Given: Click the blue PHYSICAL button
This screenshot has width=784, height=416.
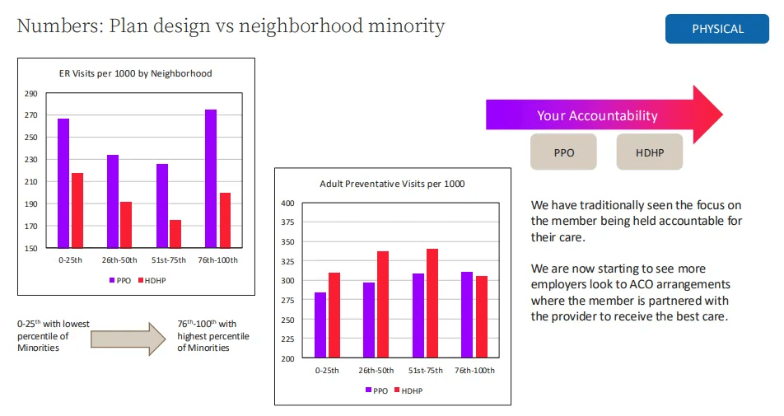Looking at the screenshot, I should [x=717, y=29].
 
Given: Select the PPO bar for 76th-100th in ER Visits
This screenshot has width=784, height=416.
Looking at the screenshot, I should [x=211, y=178].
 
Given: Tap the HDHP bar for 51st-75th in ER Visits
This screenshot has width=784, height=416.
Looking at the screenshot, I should [x=175, y=233].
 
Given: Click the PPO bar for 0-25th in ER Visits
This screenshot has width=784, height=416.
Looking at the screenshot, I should [x=63, y=183].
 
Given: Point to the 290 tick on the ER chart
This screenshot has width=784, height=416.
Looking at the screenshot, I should [x=30, y=93].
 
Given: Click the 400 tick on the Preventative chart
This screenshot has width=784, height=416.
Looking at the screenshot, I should [x=287, y=203].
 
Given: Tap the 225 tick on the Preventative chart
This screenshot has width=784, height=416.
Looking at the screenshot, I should [x=287, y=339].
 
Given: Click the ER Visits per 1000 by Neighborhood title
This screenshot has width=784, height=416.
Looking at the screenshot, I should [x=135, y=73].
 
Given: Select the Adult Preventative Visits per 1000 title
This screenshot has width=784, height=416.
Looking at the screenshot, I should [x=392, y=184].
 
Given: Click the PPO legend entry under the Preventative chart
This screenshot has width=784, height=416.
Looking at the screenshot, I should [x=376, y=390].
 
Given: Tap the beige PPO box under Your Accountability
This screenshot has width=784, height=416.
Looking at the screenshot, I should [x=563, y=152].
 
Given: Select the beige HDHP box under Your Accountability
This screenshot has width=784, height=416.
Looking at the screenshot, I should [x=649, y=152].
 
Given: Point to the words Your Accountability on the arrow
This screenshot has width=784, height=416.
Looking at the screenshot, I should [x=597, y=116].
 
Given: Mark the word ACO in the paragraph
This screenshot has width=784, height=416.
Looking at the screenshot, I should [x=660, y=284].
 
